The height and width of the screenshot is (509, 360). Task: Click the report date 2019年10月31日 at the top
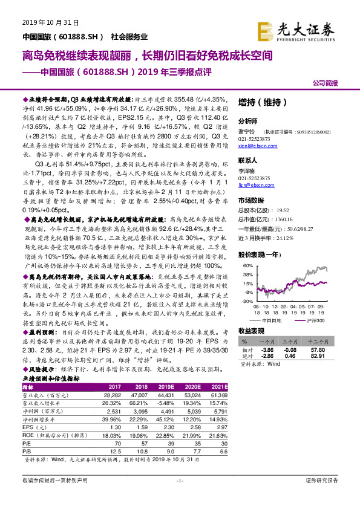tap(50, 23)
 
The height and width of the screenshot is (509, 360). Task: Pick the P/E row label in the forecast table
tap(26, 443)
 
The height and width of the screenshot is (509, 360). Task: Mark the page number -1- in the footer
tap(179, 498)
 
